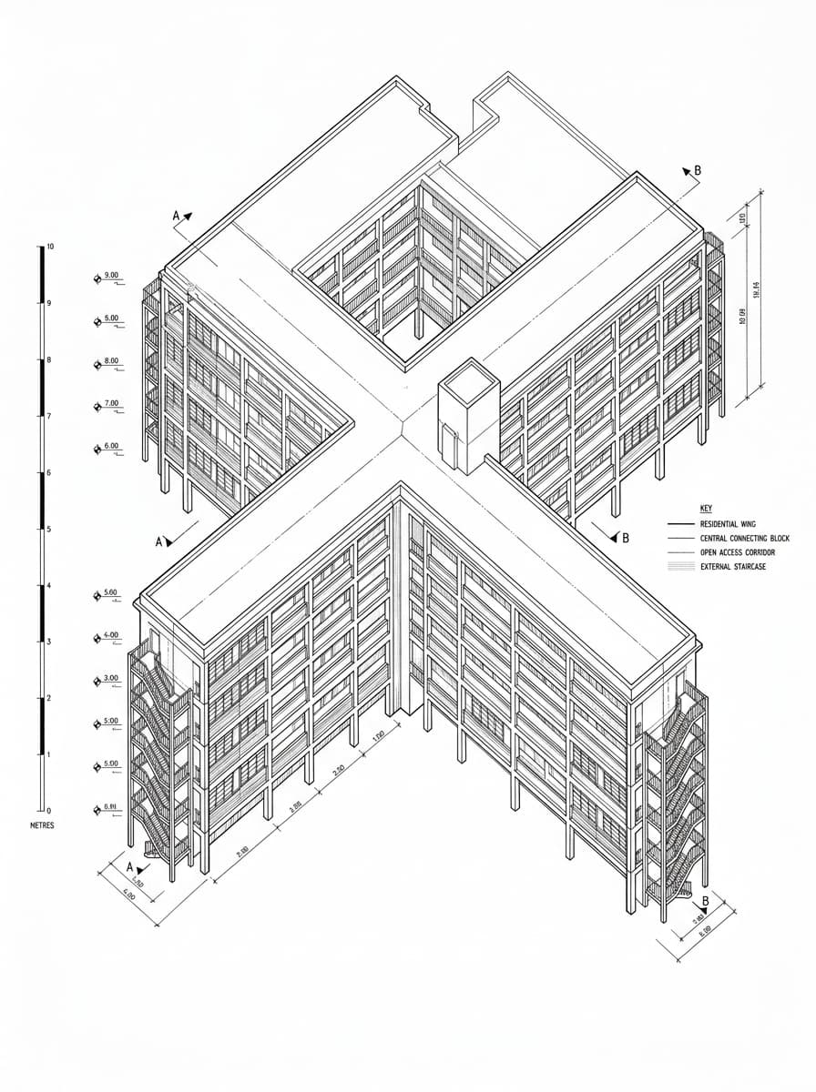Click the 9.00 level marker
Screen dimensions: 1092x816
[x=111, y=276]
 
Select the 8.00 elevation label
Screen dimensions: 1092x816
[x=111, y=362]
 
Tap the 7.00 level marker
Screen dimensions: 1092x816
[x=111, y=403]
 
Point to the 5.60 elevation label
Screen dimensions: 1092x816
[x=111, y=593]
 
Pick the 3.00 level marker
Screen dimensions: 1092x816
[x=111, y=679]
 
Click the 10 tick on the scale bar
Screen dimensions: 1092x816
[x=50, y=248]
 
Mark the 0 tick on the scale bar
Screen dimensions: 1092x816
[x=46, y=810]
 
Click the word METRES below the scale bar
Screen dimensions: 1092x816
[x=42, y=825]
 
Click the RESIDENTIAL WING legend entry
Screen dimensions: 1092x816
[x=727, y=524]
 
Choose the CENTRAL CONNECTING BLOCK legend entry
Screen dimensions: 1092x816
[x=744, y=539]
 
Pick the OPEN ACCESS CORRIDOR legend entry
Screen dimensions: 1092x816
[x=738, y=552]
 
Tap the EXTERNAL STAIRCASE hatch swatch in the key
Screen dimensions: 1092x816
[x=680, y=566]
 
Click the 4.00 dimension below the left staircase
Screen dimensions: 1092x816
[x=128, y=896]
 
